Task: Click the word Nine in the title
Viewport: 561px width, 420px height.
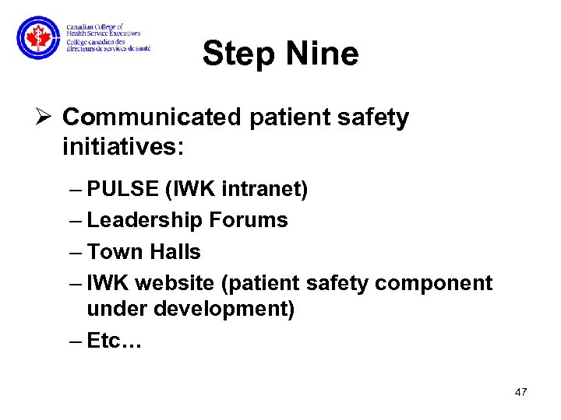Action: pos(322,54)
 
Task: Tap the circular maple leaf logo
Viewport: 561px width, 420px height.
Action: pos(37,37)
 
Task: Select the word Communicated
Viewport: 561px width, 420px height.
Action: pos(153,117)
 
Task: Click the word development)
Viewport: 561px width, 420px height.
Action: pos(226,309)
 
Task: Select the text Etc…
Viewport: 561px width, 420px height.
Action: pos(113,341)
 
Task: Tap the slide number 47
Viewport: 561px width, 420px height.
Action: pos(520,392)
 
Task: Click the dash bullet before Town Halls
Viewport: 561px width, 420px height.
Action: pos(77,252)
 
